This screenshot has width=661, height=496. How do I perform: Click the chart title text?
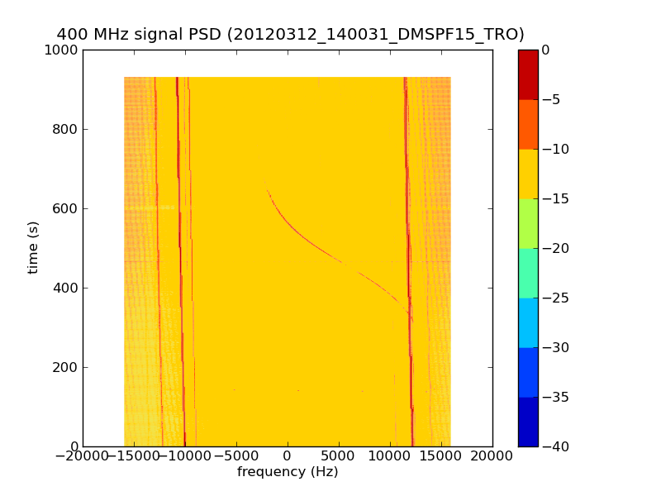[x=290, y=34]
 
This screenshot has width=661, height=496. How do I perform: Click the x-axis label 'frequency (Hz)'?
[x=288, y=472]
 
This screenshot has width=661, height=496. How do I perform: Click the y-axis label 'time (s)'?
[x=34, y=247]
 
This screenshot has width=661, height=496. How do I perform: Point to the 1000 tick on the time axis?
[x=63, y=50]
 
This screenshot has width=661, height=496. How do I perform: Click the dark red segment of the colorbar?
[x=528, y=74]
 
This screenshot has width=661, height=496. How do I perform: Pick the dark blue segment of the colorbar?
[x=528, y=422]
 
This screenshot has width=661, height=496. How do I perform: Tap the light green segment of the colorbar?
[x=528, y=223]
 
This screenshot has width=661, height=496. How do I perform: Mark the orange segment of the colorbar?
[x=528, y=124]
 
